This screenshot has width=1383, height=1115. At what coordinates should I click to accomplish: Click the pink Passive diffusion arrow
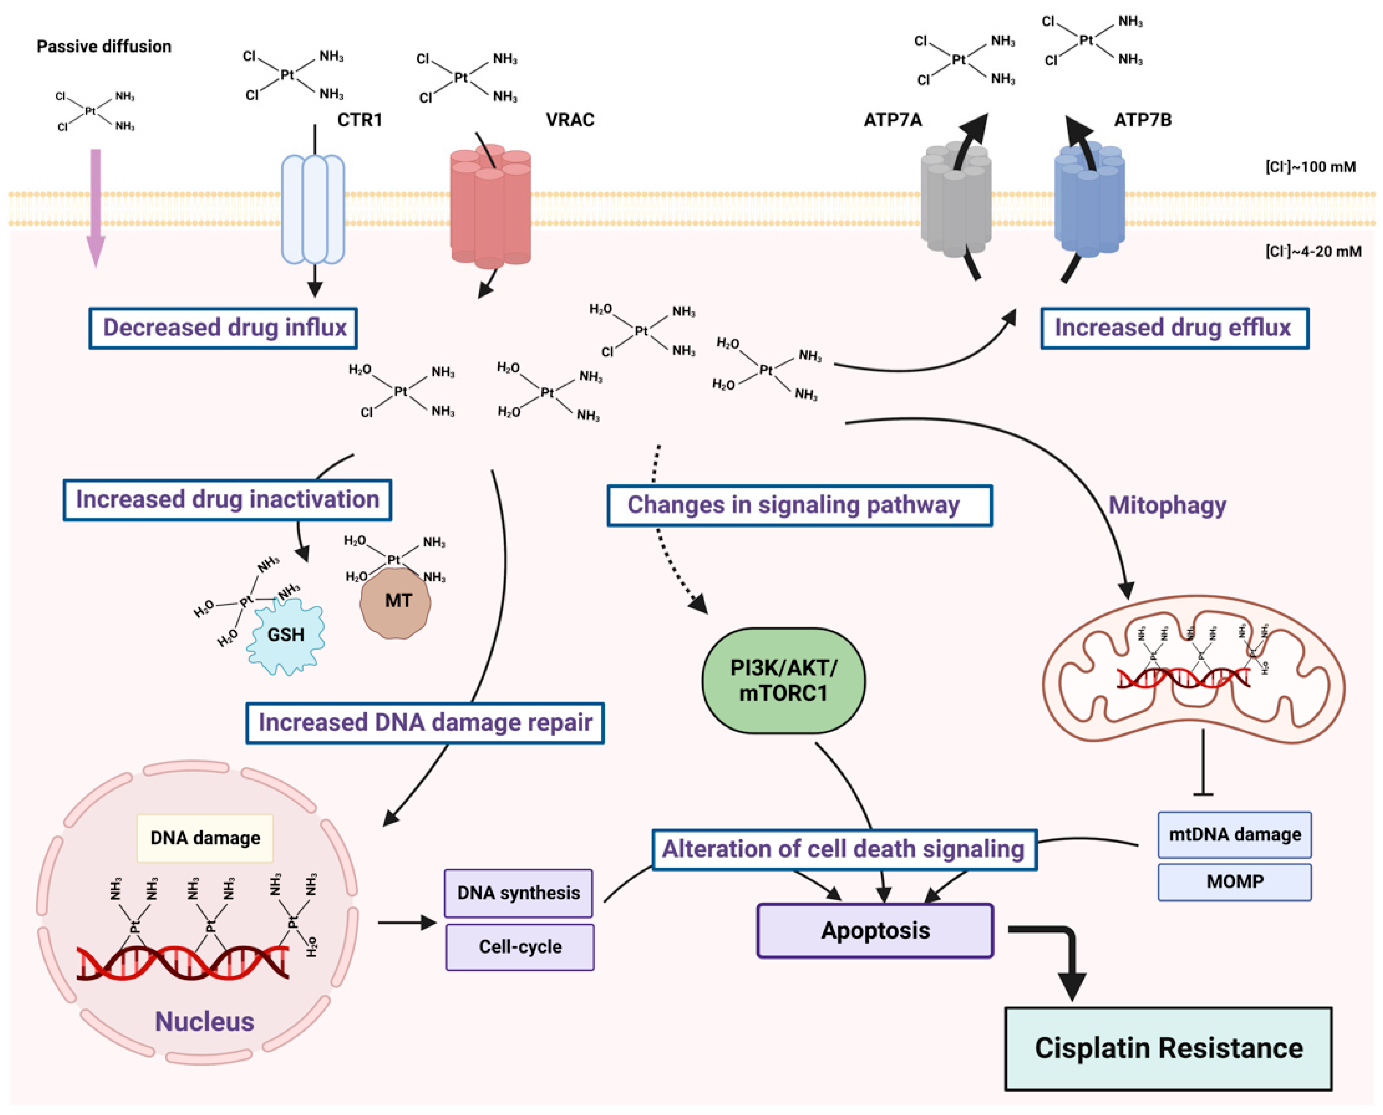[x=96, y=206]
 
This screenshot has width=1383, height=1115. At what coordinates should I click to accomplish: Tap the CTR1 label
[x=360, y=120]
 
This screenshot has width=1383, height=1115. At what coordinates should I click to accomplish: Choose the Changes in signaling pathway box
[x=799, y=506]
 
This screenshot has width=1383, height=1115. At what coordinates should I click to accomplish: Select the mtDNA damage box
[x=1234, y=834]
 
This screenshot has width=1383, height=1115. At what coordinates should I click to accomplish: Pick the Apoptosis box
[x=875, y=931]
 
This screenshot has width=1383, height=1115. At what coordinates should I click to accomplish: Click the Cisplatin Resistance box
[x=1168, y=1048]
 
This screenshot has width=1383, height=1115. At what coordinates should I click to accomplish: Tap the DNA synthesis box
[x=518, y=893]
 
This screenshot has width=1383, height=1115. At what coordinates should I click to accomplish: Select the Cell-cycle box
[x=520, y=947]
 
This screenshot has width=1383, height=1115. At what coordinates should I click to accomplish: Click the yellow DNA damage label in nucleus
[x=205, y=838]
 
